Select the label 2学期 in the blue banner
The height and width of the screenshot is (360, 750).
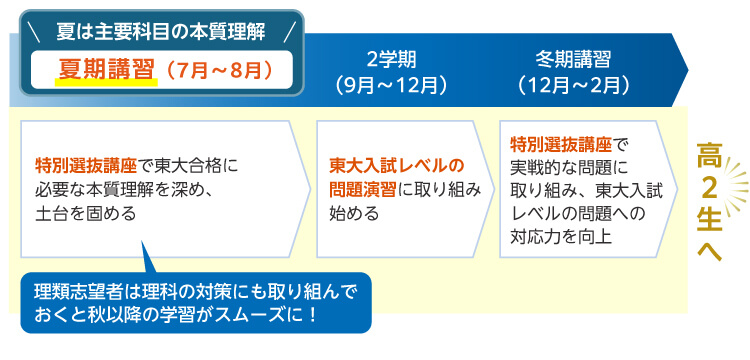[x=391, y=56]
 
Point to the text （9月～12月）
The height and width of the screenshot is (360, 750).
[x=391, y=84]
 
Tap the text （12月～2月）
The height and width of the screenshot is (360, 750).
[x=572, y=84]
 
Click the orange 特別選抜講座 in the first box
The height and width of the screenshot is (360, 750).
[x=84, y=163]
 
